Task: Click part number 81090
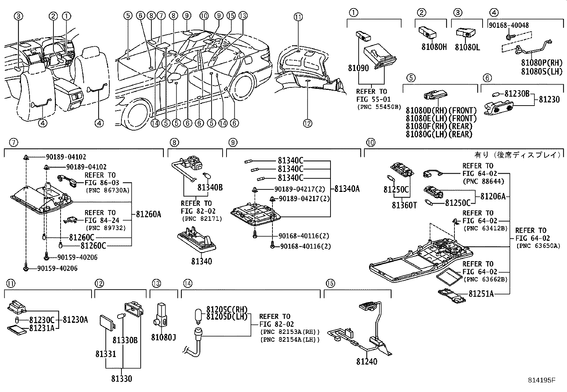pyautogui.click(x=358, y=68)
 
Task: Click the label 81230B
pyautogui.click(x=516, y=94)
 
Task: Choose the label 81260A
pyautogui.click(x=149, y=214)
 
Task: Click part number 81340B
pyautogui.click(x=210, y=187)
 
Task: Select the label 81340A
pyautogui.click(x=347, y=189)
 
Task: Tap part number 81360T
pyautogui.click(x=404, y=205)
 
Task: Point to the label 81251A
pyautogui.click(x=481, y=294)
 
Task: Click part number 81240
pyautogui.click(x=366, y=361)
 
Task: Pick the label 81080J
pyautogui.click(x=163, y=337)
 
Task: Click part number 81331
pyautogui.click(x=105, y=354)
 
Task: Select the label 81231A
pyautogui.click(x=42, y=328)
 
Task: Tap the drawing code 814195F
pyautogui.click(x=542, y=380)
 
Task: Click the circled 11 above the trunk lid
pyautogui.click(x=298, y=16)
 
